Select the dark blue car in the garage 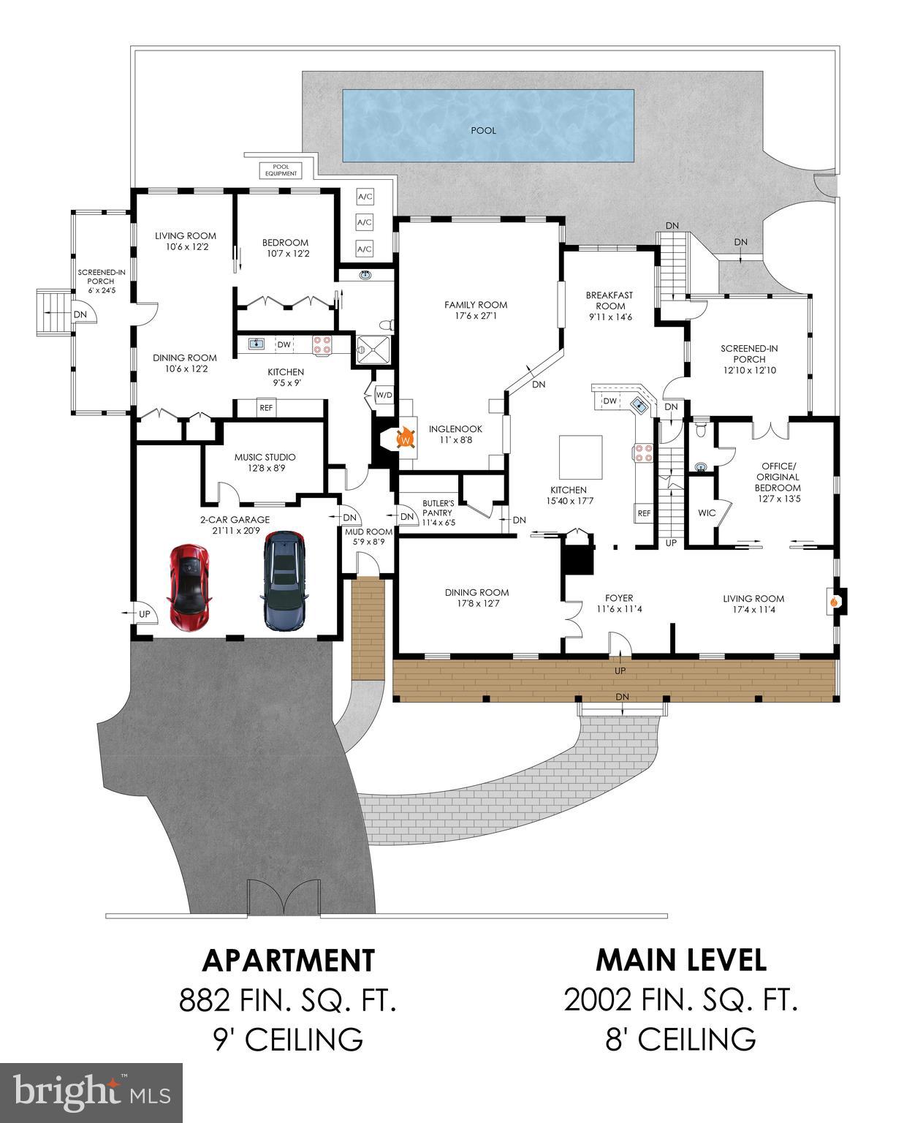tap(284, 581)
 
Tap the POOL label tap(483, 131)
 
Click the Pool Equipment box tap(281, 170)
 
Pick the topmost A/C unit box tap(365, 197)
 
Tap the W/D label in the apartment tap(384, 396)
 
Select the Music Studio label tap(265, 457)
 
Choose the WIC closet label tap(706, 513)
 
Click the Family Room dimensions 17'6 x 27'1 tap(476, 317)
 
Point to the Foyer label tap(618, 598)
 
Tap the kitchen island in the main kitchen tap(581, 455)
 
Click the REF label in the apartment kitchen tap(266, 408)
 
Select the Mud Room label tap(368, 532)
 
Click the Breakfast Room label tap(609, 300)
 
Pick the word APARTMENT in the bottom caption tap(288, 960)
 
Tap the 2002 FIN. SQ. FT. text tap(680, 1000)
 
